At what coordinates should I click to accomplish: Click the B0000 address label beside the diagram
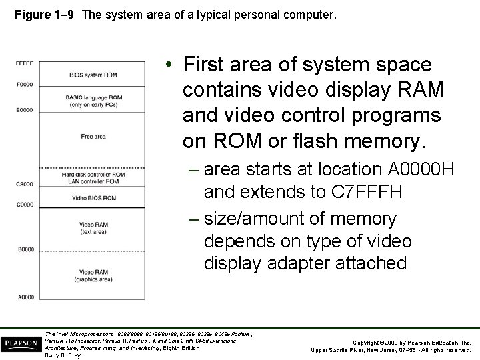pyautogui.click(x=24, y=249)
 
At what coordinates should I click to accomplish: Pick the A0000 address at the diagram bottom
pyautogui.click(x=24, y=297)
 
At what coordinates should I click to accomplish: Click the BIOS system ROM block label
pyautogui.click(x=93, y=75)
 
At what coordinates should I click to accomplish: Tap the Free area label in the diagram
pyautogui.click(x=94, y=137)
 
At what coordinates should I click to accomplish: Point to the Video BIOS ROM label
pyautogui.click(x=94, y=198)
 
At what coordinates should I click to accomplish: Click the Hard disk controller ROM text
pyautogui.click(x=93, y=174)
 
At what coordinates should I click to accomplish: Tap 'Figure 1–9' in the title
pyautogui.click(x=40, y=11)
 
